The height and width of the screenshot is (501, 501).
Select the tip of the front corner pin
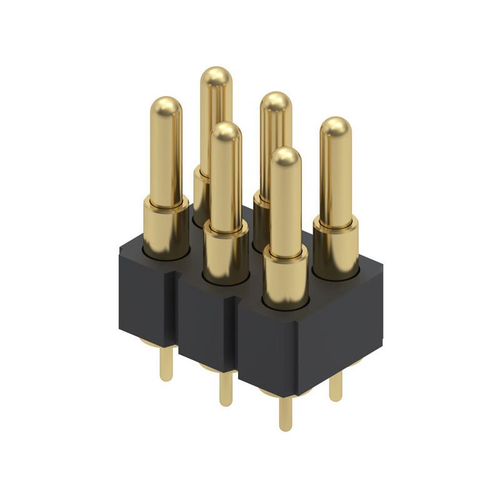[286, 157]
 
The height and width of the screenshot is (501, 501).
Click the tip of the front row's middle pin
[225, 133]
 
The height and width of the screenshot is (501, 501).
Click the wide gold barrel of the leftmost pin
[166, 229]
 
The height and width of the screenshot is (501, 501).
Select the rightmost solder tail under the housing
[336, 385]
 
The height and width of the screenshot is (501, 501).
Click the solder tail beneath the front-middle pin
[225, 388]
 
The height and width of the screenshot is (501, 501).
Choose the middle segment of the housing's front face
[207, 329]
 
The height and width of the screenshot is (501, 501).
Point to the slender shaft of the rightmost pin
[336, 182]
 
